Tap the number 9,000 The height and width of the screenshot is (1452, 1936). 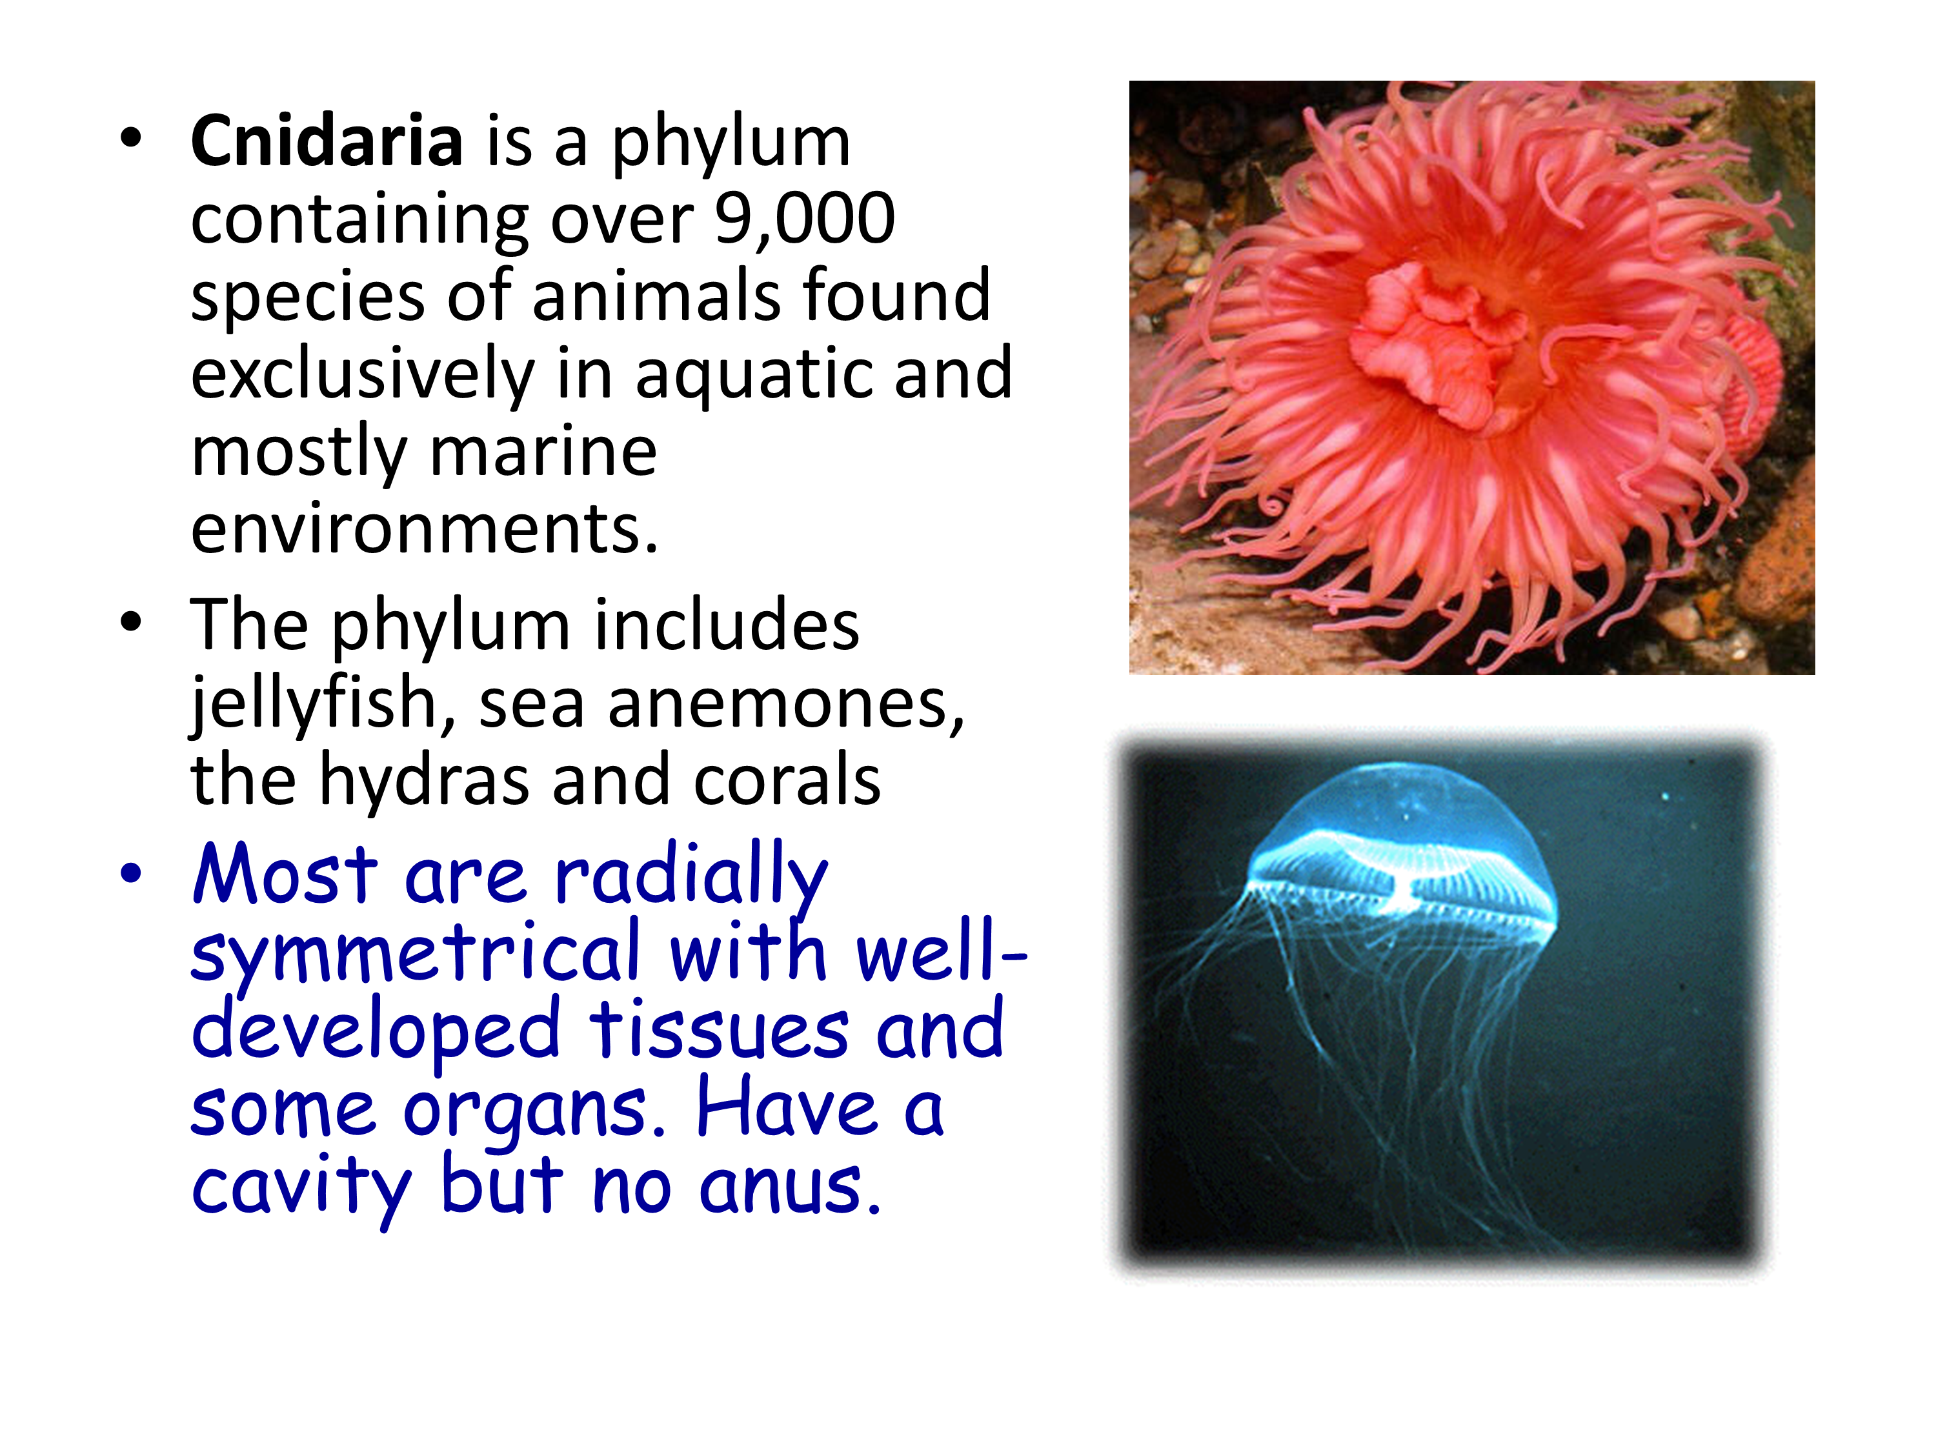805,218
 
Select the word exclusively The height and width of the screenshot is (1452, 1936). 362,374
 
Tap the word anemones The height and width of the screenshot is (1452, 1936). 785,705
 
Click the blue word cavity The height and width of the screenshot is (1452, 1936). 301,1189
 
